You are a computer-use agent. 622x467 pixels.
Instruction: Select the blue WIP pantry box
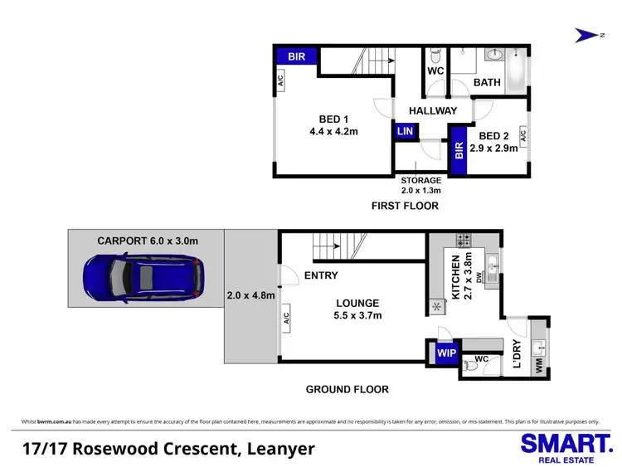tap(445, 353)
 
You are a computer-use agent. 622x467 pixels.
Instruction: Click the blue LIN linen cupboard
tap(406, 132)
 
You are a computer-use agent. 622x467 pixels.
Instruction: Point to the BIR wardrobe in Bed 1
tap(296, 56)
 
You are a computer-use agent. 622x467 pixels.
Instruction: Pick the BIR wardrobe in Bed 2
tap(458, 151)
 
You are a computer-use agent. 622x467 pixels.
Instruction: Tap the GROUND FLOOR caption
tap(347, 389)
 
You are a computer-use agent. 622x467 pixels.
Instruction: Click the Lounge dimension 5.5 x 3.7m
tap(357, 315)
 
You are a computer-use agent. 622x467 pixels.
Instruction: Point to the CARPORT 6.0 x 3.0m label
tap(148, 241)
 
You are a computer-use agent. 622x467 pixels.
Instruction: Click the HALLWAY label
tap(433, 111)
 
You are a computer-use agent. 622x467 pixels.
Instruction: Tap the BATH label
tap(487, 83)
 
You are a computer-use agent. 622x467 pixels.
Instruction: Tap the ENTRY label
tap(321, 276)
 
